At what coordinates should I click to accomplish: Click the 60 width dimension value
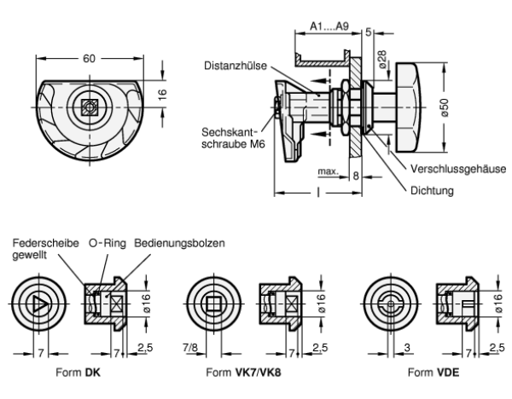89,59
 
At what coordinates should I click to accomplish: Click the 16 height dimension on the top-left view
162,94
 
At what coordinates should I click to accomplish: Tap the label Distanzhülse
236,66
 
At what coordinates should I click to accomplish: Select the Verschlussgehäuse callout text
458,169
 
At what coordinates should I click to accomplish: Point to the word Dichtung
432,190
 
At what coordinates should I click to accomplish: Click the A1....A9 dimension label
329,26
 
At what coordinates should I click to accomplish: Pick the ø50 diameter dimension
445,107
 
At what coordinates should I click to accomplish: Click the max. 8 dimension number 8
356,176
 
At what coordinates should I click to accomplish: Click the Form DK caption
78,373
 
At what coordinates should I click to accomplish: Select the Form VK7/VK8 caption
243,373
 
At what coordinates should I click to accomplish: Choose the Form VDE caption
433,373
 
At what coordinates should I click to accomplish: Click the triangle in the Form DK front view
39,304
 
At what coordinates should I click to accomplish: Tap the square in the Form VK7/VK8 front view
214,304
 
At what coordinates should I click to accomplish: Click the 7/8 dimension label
190,348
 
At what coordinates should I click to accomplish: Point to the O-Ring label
108,243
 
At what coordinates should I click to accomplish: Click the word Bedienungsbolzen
179,243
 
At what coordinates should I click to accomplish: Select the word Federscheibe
46,243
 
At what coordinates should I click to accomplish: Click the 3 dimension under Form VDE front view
407,348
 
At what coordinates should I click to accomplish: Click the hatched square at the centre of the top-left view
90,107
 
